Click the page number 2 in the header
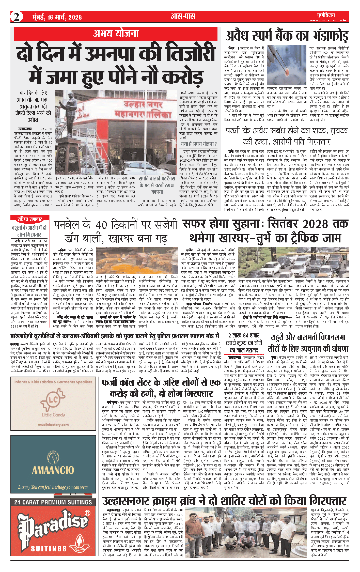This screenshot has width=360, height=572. point(17,17)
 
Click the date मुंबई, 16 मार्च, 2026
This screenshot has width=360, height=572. point(57,17)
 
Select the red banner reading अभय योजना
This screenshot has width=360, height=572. point(116,34)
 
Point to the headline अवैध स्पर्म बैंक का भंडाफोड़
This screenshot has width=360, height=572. point(287,36)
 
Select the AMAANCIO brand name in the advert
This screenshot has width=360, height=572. point(53,470)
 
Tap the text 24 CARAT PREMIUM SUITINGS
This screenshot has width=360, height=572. point(53,502)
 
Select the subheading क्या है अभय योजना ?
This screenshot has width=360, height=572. point(199,144)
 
